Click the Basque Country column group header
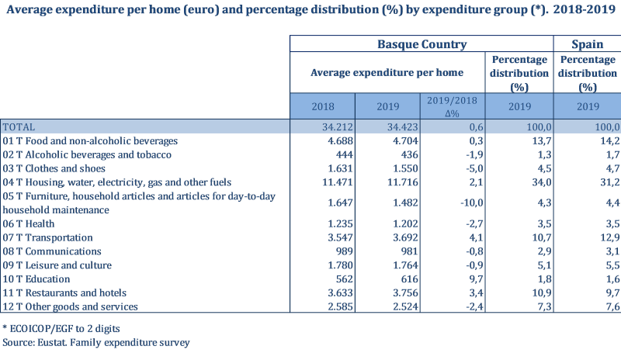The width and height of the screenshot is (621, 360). [x=422, y=44]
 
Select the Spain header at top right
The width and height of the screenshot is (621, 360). [x=588, y=44]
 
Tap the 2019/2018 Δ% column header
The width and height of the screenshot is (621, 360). [x=454, y=106]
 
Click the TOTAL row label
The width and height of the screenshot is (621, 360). [x=19, y=127]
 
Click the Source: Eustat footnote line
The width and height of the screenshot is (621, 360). [x=96, y=342]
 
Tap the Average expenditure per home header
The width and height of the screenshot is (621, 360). [x=387, y=72]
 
